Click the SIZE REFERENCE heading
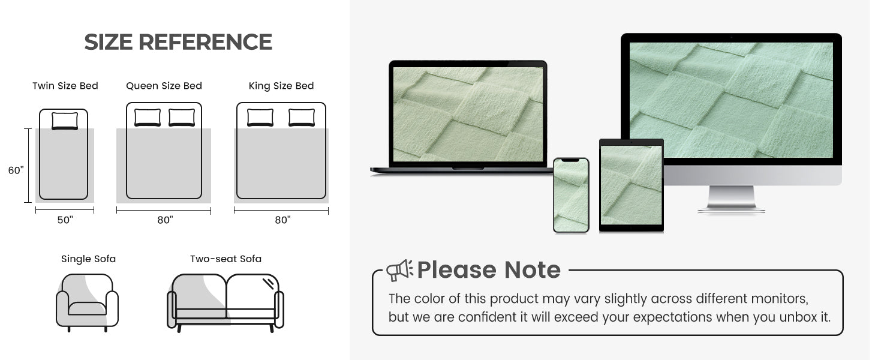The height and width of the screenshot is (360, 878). (x=178, y=42)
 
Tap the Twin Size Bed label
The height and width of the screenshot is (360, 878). (x=65, y=86)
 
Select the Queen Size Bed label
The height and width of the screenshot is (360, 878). (x=164, y=86)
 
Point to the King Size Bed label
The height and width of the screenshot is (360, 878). (x=281, y=86)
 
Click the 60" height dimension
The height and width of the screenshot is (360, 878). (x=16, y=170)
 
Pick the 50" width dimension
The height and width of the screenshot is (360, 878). (x=65, y=220)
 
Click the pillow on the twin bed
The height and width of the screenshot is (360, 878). (x=65, y=121)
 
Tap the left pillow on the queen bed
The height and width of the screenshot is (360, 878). (x=148, y=117)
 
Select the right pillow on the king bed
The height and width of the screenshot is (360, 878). (x=302, y=117)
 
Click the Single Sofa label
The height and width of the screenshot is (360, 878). (x=88, y=259)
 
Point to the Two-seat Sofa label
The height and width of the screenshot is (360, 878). (x=225, y=259)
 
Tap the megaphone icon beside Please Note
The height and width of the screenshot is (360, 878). (x=399, y=270)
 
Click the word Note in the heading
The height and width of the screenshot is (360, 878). (x=533, y=270)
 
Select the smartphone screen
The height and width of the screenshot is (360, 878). (x=571, y=195)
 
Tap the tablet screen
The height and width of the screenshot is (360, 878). (x=632, y=185)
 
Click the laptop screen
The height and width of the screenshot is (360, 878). (x=468, y=114)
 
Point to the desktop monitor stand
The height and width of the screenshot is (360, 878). (x=732, y=199)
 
